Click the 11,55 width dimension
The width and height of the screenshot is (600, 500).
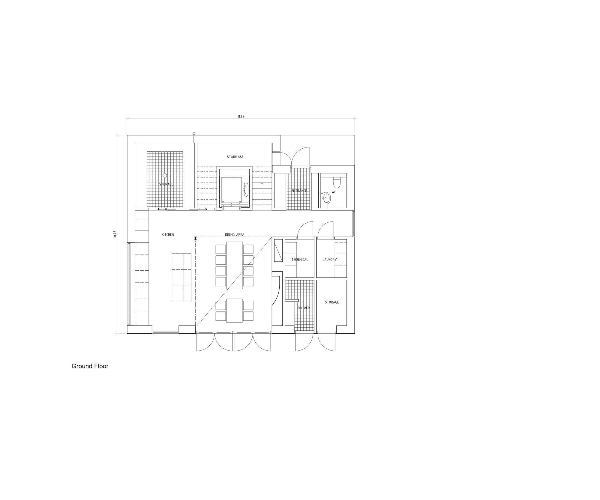tap(241, 117)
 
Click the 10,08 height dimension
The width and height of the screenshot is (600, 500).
tap(115, 234)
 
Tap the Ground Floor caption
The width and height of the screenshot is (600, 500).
tap(90, 366)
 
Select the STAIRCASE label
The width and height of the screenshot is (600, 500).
tap(235, 157)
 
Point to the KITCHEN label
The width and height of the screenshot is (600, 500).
tap(168, 235)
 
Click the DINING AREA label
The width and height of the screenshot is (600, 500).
tap(235, 235)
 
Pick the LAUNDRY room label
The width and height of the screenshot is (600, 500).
tap(329, 260)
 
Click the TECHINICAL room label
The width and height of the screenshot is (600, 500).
tap(300, 260)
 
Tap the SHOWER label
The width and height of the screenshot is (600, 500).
tap(303, 308)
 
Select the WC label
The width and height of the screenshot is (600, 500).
tap(334, 192)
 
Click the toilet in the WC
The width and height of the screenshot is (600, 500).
tap(337, 183)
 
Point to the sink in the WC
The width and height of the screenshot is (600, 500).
tap(326, 198)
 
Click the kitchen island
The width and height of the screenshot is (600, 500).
tap(181, 277)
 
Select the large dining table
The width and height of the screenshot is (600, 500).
tap(234, 265)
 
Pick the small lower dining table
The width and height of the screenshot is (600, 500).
tap(234, 311)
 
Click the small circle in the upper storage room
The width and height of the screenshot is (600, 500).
tap(165, 175)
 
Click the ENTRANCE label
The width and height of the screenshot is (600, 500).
tap(299, 191)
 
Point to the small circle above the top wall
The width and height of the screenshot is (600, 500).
tap(194, 133)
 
